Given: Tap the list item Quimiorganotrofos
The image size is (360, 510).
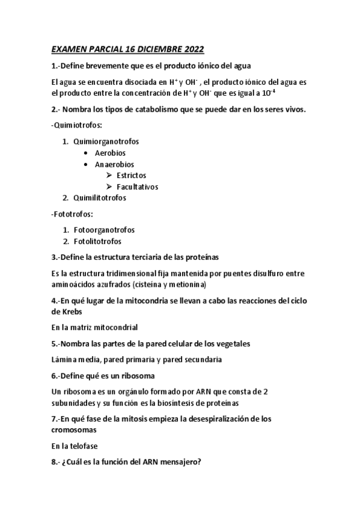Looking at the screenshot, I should tap(105, 141).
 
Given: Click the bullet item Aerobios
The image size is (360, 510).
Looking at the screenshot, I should tap(110, 153).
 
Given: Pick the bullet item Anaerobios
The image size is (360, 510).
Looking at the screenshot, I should tap(114, 164).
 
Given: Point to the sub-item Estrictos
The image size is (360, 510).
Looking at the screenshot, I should tap(131, 175).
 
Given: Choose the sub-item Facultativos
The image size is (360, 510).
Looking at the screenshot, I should tap(138, 186).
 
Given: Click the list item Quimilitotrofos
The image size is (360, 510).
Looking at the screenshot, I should tap(99, 197).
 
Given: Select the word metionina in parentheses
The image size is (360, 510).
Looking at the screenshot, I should tap(186, 284).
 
